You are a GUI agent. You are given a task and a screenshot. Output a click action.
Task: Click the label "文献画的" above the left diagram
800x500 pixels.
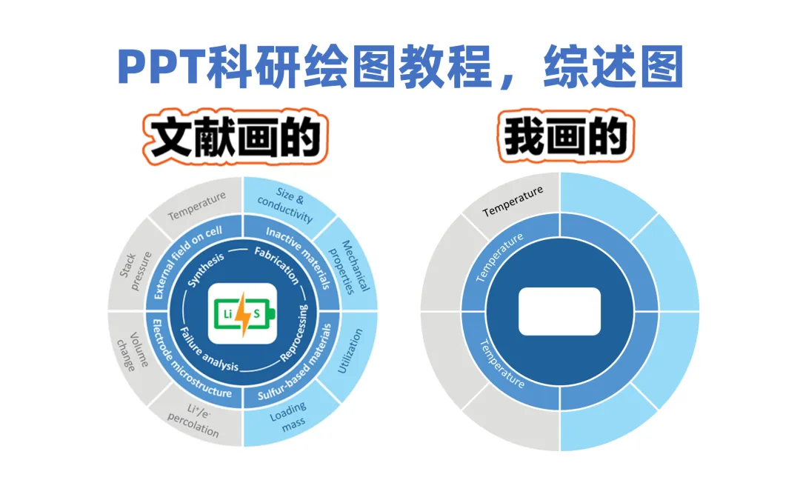234,138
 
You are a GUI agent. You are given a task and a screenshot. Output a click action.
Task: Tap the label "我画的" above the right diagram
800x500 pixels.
566,138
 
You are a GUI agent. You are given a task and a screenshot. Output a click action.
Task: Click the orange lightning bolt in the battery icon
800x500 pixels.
243,313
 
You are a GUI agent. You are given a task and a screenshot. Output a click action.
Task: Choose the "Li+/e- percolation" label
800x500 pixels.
194,421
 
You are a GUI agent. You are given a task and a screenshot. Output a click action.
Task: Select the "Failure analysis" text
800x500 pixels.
209,354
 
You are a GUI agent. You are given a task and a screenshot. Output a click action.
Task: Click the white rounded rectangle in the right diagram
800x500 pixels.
559,311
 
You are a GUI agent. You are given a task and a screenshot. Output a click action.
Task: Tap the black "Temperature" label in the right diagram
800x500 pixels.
513,201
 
